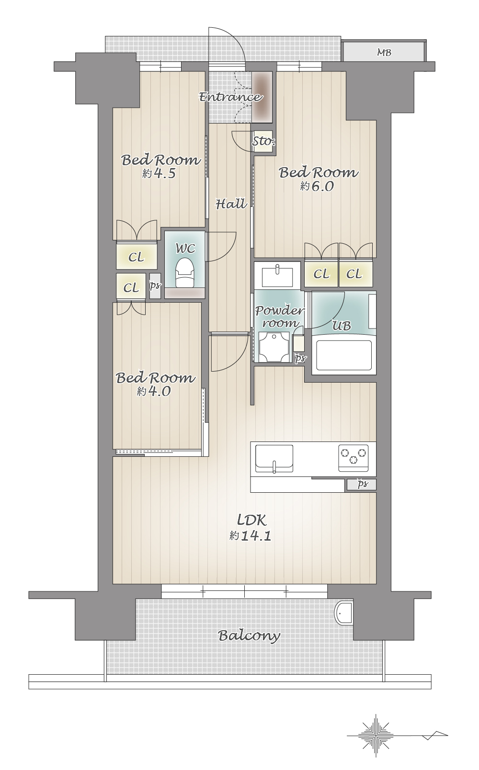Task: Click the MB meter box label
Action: click(x=384, y=52)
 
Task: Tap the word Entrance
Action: click(x=230, y=97)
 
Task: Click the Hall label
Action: click(x=231, y=204)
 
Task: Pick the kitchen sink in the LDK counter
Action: click(x=274, y=459)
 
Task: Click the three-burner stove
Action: click(x=354, y=458)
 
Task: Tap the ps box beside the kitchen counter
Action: click(x=361, y=484)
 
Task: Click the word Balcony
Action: click(x=249, y=636)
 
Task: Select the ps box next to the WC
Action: click(x=155, y=286)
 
